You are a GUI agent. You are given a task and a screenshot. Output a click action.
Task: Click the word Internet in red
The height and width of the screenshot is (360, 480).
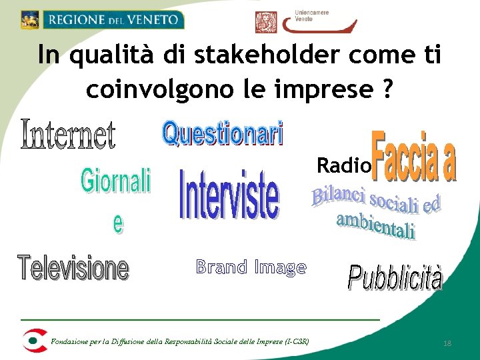69,134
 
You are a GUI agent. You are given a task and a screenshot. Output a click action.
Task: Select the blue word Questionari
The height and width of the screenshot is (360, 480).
223,134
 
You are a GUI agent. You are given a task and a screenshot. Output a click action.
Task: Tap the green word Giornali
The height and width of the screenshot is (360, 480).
116,181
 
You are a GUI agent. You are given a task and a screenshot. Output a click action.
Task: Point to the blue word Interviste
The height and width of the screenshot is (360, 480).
229,193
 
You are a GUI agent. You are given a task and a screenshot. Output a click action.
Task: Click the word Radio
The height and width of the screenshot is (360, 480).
343,165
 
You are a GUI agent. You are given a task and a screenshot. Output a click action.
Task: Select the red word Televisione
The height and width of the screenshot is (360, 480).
73,267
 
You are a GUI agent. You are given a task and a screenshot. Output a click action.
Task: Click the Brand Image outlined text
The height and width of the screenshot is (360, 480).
251,267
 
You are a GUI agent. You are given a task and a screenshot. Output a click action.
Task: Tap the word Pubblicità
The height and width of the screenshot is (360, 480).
395,277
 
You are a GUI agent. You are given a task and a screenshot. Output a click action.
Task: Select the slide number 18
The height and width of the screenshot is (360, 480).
447,343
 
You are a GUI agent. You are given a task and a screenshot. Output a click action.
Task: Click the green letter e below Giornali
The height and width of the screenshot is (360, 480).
118,224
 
